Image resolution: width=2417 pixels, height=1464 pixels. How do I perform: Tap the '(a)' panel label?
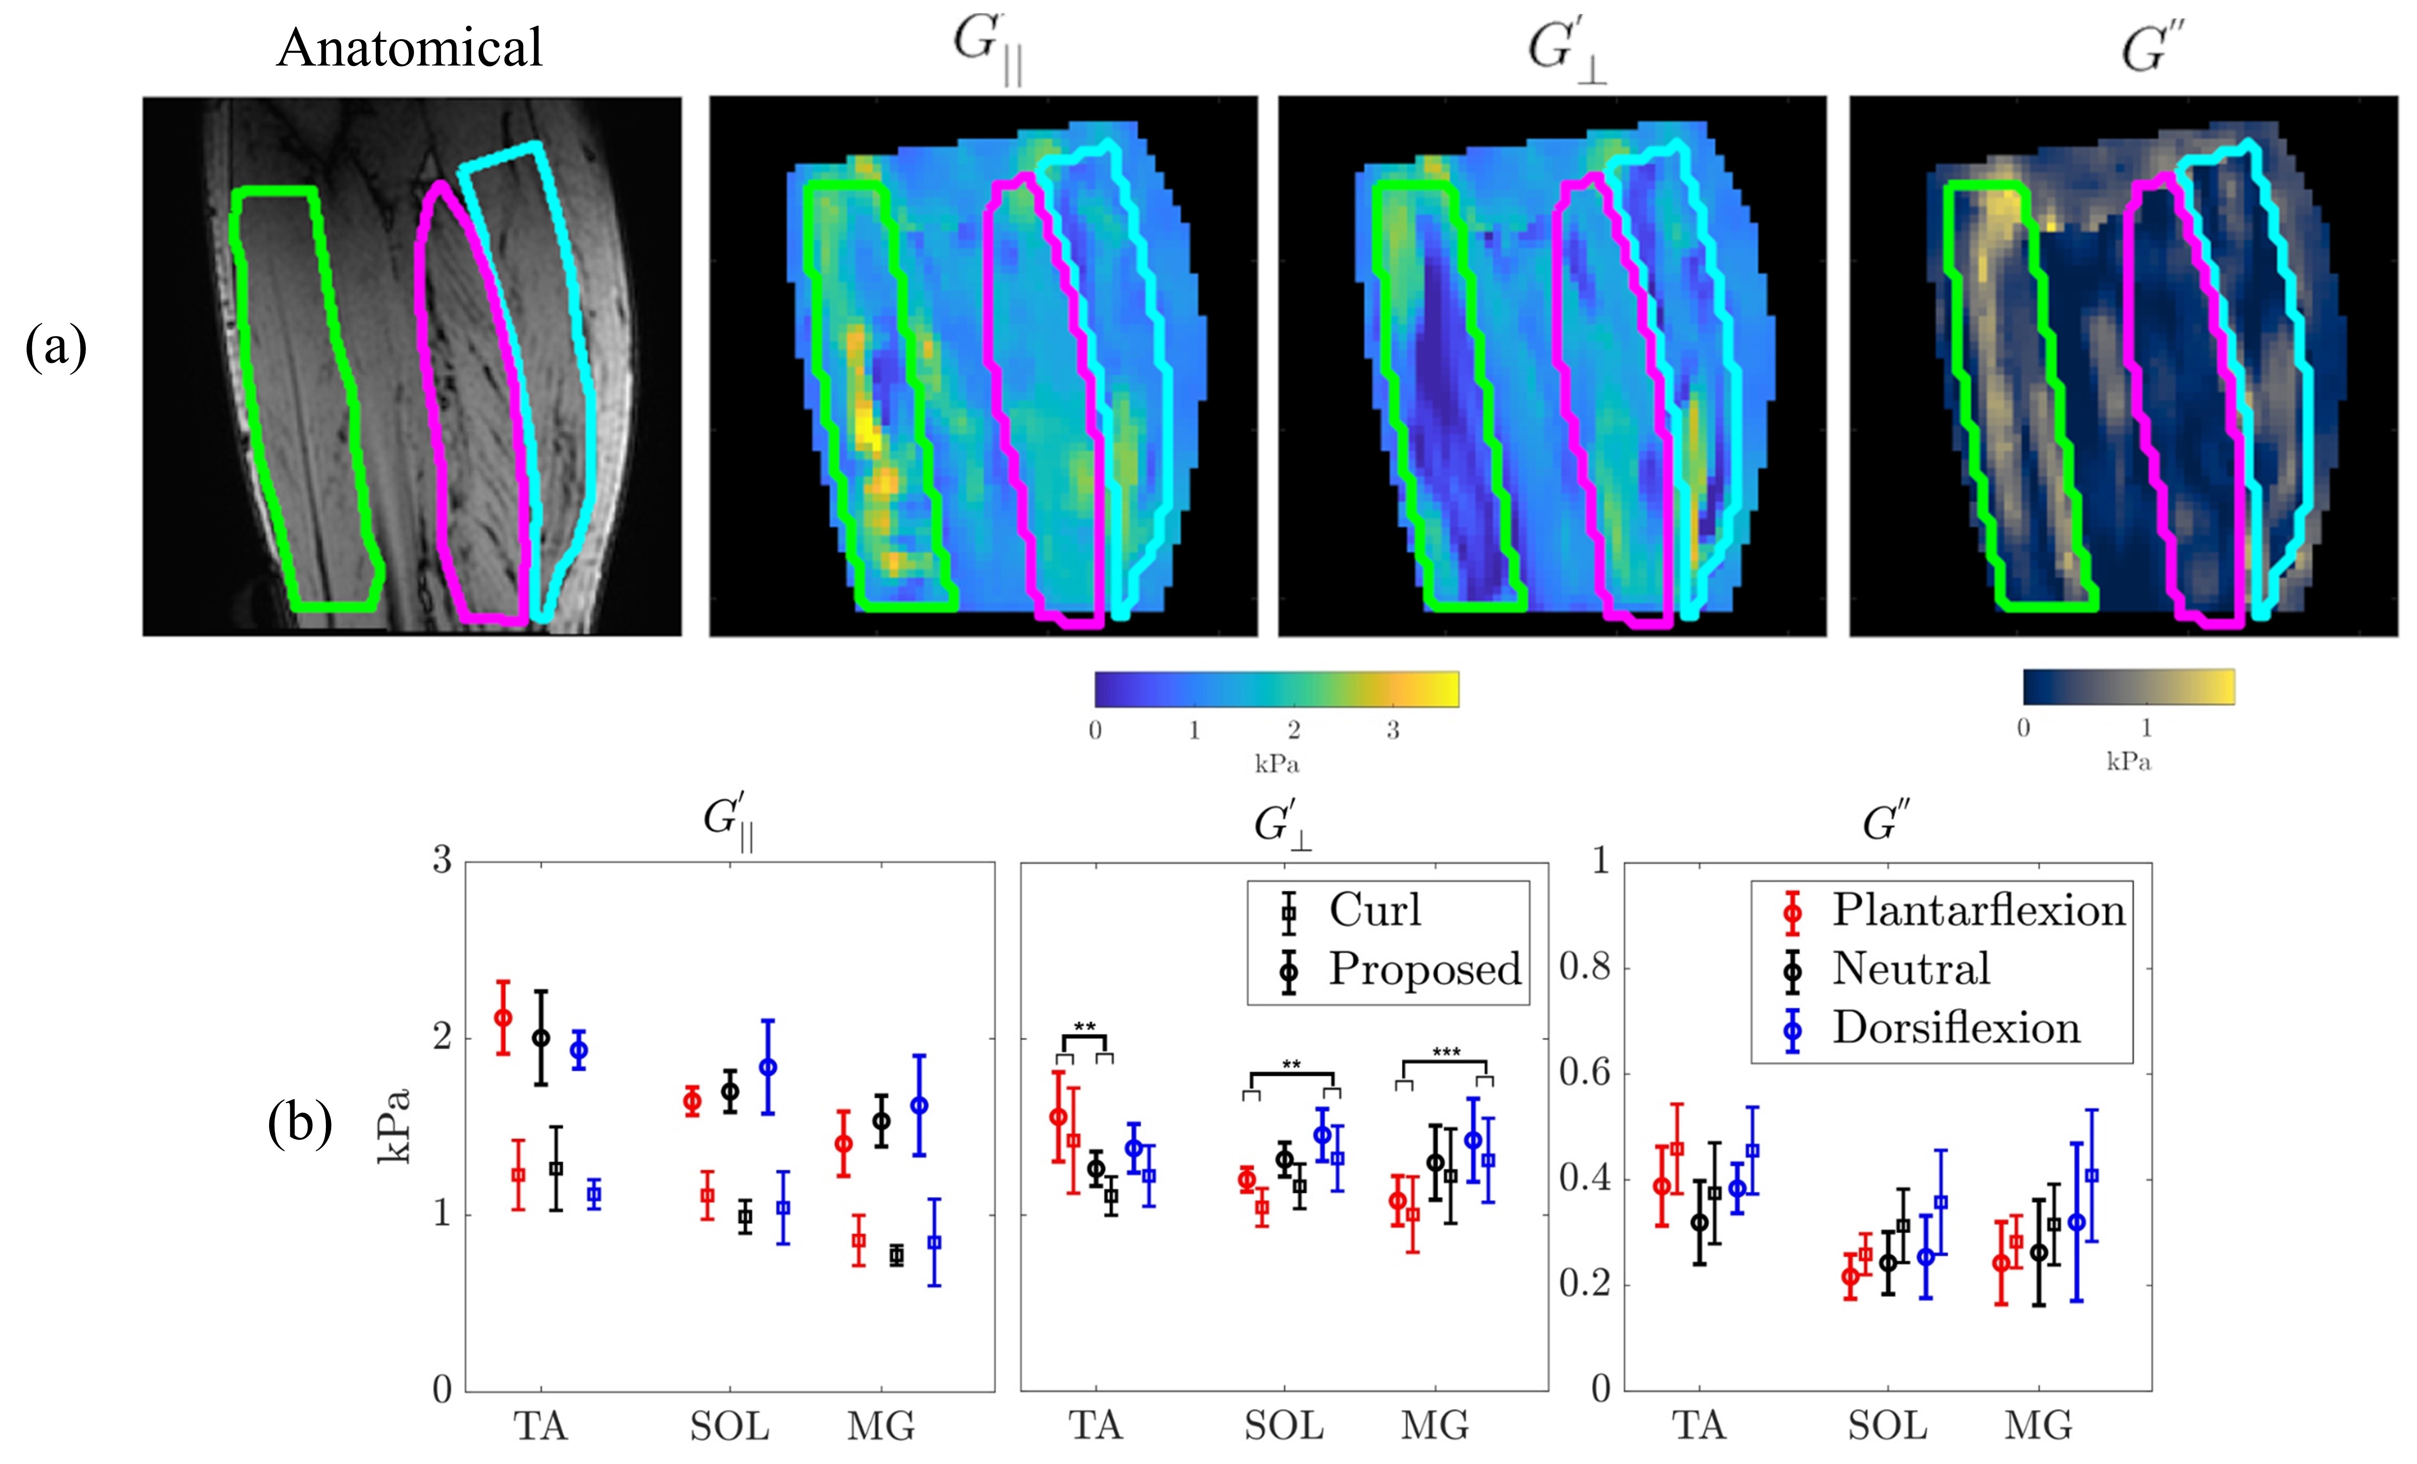click(x=56, y=347)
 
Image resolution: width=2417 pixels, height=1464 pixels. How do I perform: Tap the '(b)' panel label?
click(x=299, y=1122)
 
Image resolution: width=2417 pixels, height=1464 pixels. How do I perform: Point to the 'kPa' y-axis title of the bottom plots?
click(x=394, y=1126)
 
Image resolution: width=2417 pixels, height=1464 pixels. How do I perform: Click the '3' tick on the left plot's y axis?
click(x=442, y=861)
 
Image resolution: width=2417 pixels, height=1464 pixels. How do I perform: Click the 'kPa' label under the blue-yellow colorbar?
click(x=2129, y=762)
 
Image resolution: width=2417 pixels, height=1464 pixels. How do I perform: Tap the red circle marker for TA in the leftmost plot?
click(x=503, y=1018)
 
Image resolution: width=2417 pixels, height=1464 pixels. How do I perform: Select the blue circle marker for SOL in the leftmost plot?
click(x=768, y=1067)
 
